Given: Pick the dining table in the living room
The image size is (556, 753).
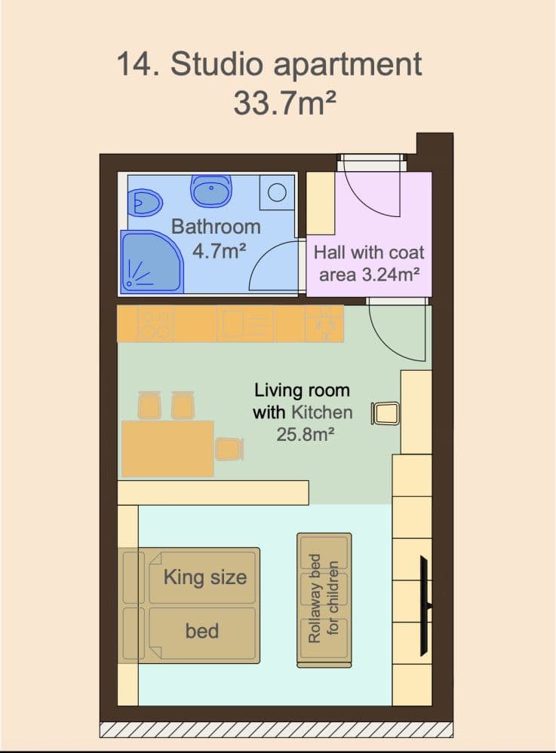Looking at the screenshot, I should [x=167, y=448].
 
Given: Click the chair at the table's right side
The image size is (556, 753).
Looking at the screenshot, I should [x=229, y=448].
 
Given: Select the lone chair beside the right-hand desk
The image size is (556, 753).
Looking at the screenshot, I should [x=385, y=414].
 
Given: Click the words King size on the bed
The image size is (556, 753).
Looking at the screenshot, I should [x=205, y=578].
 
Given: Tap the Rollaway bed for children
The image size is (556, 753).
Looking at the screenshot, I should [x=324, y=599].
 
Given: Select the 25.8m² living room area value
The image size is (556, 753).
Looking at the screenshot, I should [x=306, y=434].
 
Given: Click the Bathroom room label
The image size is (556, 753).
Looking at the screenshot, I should [x=216, y=226].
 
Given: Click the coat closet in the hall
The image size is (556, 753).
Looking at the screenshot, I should [x=319, y=204].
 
